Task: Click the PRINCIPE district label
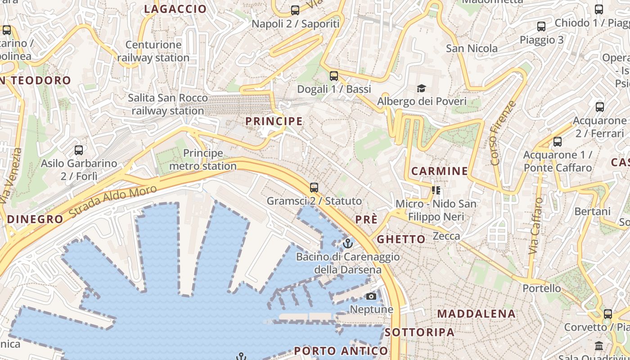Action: pos(274,121)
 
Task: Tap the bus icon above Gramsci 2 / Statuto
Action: pos(314,188)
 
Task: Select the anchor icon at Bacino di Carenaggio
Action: pos(347,243)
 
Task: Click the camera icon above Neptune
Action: pos(371,296)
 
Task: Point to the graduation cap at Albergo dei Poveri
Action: pos(421,88)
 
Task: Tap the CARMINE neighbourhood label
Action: pos(440,171)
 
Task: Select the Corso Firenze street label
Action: pos(503,133)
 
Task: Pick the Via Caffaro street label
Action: pos(535,225)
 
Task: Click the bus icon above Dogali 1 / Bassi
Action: pos(333,76)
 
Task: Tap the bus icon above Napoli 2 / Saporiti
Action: pos(295,10)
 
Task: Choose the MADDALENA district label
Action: pos(476,314)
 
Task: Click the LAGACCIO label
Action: pos(175,9)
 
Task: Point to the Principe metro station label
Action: pos(202,160)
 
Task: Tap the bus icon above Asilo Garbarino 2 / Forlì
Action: pos(79,150)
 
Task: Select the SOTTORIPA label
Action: pos(419,332)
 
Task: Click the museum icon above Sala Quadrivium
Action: pos(599,346)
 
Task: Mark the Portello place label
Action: pos(542,288)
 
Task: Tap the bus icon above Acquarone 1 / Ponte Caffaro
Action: pos(558,142)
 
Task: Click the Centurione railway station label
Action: pos(153,51)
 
